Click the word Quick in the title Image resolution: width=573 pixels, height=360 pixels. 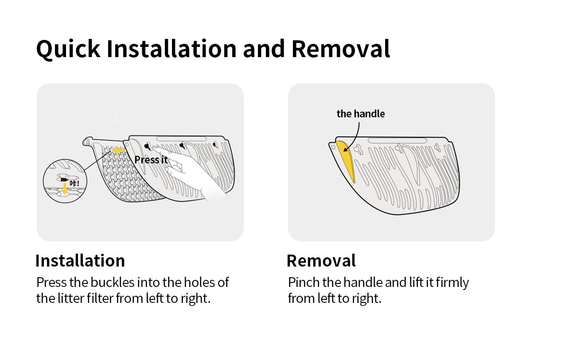68,49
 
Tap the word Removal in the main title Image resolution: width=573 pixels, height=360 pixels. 341,49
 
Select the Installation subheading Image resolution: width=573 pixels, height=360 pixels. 80,261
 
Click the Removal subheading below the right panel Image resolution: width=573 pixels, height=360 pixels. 321,261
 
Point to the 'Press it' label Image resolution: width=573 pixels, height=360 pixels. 151,160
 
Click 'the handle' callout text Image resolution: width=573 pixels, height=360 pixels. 361,114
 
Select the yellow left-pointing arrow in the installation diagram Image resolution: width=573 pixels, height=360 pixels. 119,151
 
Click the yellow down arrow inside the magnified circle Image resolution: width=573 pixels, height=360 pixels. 65,189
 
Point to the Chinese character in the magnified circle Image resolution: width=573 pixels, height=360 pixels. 73,183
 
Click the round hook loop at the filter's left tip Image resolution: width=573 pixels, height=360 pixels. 87,141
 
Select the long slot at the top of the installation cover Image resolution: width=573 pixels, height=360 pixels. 181,139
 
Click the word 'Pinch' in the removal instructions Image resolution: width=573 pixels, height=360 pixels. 304,283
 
